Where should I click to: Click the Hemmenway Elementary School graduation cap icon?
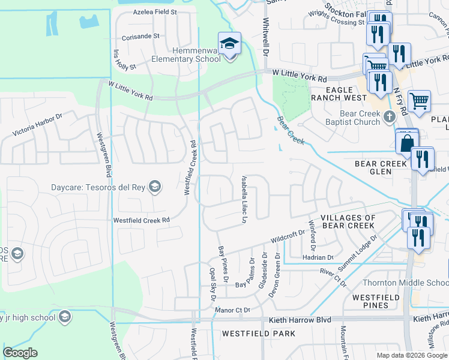[x=229, y=43]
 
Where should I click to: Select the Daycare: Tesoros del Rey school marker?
[x=155, y=187]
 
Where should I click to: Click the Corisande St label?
[x=139, y=36]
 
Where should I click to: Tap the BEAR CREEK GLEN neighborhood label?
[x=381, y=167]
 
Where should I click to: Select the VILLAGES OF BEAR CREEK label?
[x=348, y=221]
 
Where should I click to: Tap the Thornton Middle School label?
[x=405, y=283]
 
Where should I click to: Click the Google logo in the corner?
[x=20, y=353]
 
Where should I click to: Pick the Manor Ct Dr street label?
[x=232, y=310]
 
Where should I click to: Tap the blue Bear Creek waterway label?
[x=291, y=130]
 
